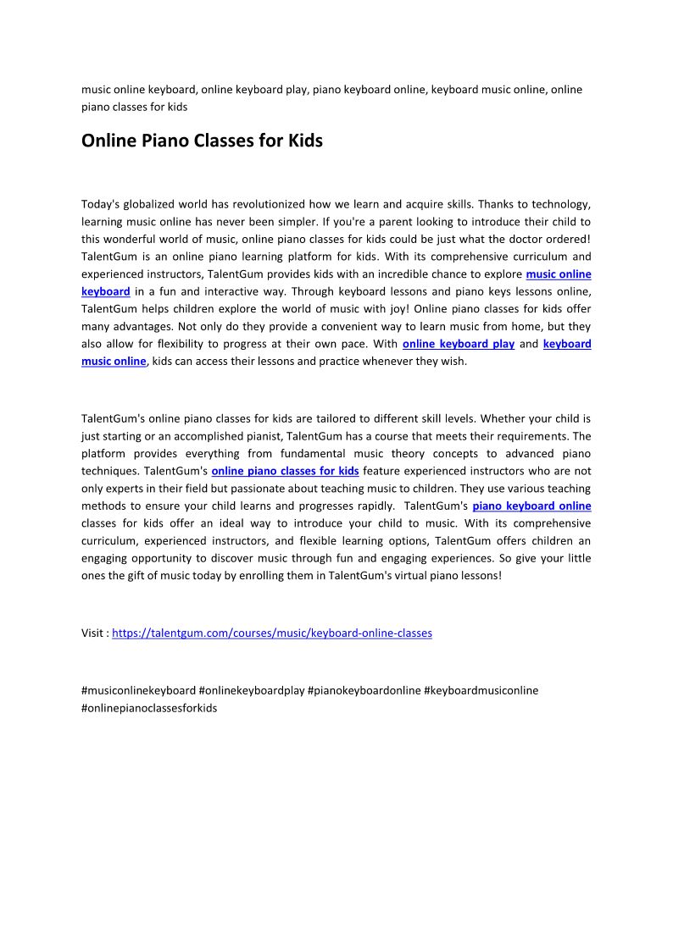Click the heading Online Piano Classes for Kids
[202, 141]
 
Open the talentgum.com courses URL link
[271, 633]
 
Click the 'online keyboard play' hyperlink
[458, 344]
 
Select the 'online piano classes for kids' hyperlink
[285, 471]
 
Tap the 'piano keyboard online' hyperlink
[531, 506]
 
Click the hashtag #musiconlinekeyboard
[138, 690]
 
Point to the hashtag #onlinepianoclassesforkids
[149, 707]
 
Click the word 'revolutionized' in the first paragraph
[265, 204]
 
